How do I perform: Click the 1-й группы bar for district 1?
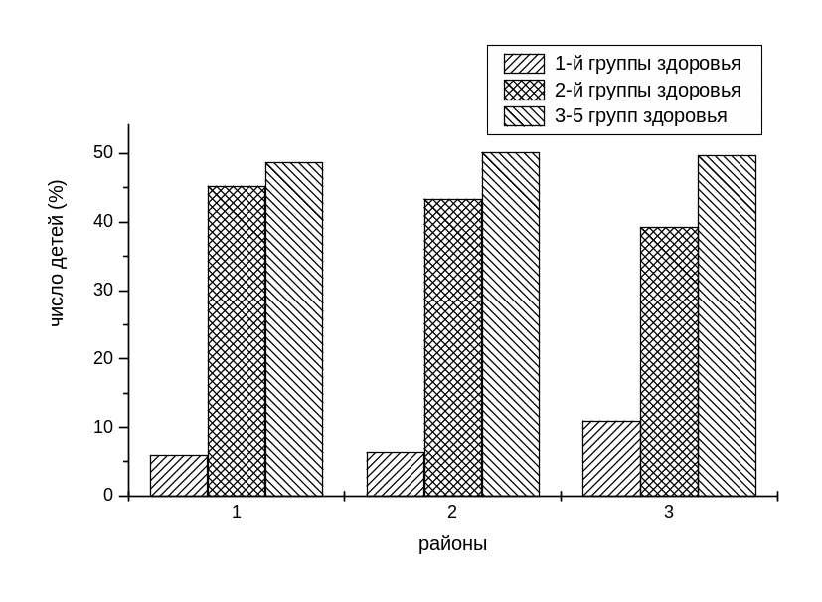coord(179,475)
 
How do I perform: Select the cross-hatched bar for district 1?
coord(237,340)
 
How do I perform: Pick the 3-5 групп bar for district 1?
coord(294,328)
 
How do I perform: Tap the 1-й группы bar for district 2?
coord(396,474)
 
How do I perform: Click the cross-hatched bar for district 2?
coord(453,347)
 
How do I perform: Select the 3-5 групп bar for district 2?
coord(511,323)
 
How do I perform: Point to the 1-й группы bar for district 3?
coord(611,458)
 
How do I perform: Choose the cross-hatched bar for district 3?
coord(669,361)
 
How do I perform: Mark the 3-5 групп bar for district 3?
coord(728,325)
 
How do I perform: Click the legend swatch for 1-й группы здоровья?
coord(524,64)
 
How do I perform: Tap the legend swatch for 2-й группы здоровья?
coord(524,91)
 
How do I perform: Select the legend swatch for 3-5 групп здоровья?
coord(524,116)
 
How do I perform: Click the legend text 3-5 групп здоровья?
coord(640,116)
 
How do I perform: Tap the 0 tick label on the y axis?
coord(108,495)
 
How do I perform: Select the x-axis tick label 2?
coord(452,513)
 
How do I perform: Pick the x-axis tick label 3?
coord(669,513)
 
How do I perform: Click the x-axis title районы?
coord(452,544)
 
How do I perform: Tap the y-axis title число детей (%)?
coord(57,254)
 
